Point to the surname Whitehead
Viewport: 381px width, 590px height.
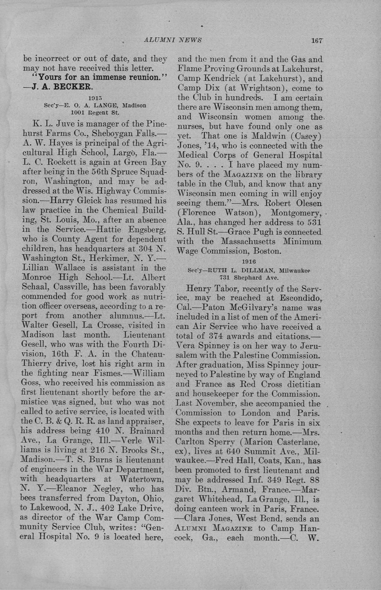click(227, 499)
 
